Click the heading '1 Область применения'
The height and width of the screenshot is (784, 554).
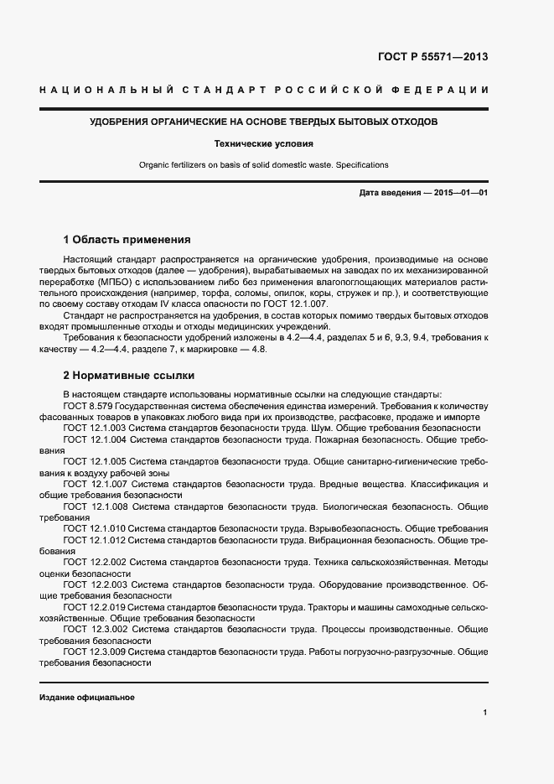pyautogui.click(x=127, y=238)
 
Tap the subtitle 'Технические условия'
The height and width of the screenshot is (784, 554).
pyautogui.click(x=264, y=143)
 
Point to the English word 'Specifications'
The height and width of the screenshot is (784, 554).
pyautogui.click(x=362, y=164)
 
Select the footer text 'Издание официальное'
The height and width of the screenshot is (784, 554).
pyautogui.click(x=86, y=698)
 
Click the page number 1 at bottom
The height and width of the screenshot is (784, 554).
pyautogui.click(x=485, y=713)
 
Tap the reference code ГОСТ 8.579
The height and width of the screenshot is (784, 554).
pyautogui.click(x=88, y=405)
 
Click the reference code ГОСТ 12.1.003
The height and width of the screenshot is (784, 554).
pyautogui.click(x=95, y=427)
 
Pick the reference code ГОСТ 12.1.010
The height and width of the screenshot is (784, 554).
pyautogui.click(x=95, y=529)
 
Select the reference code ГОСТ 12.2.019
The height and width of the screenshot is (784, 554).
pyautogui.click(x=95, y=606)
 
